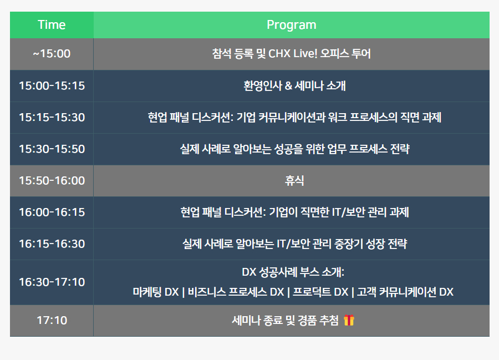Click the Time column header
[52, 25]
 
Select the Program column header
[292, 25]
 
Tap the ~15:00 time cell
[52, 54]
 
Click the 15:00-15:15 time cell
[52, 85]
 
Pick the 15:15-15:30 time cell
[52, 118]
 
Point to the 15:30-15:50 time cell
[52, 149]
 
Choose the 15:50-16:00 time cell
[52, 180]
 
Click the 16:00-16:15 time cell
[52, 212]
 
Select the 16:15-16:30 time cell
[52, 244]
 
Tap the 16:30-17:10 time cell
[52, 282]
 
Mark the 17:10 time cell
[52, 321]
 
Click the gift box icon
[349, 320]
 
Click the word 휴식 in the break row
[294, 180]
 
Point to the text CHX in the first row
[279, 53]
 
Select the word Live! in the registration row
[305, 53]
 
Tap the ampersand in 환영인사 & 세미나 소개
[288, 86]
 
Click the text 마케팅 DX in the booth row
[156, 292]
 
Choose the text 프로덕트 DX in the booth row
[320, 292]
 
